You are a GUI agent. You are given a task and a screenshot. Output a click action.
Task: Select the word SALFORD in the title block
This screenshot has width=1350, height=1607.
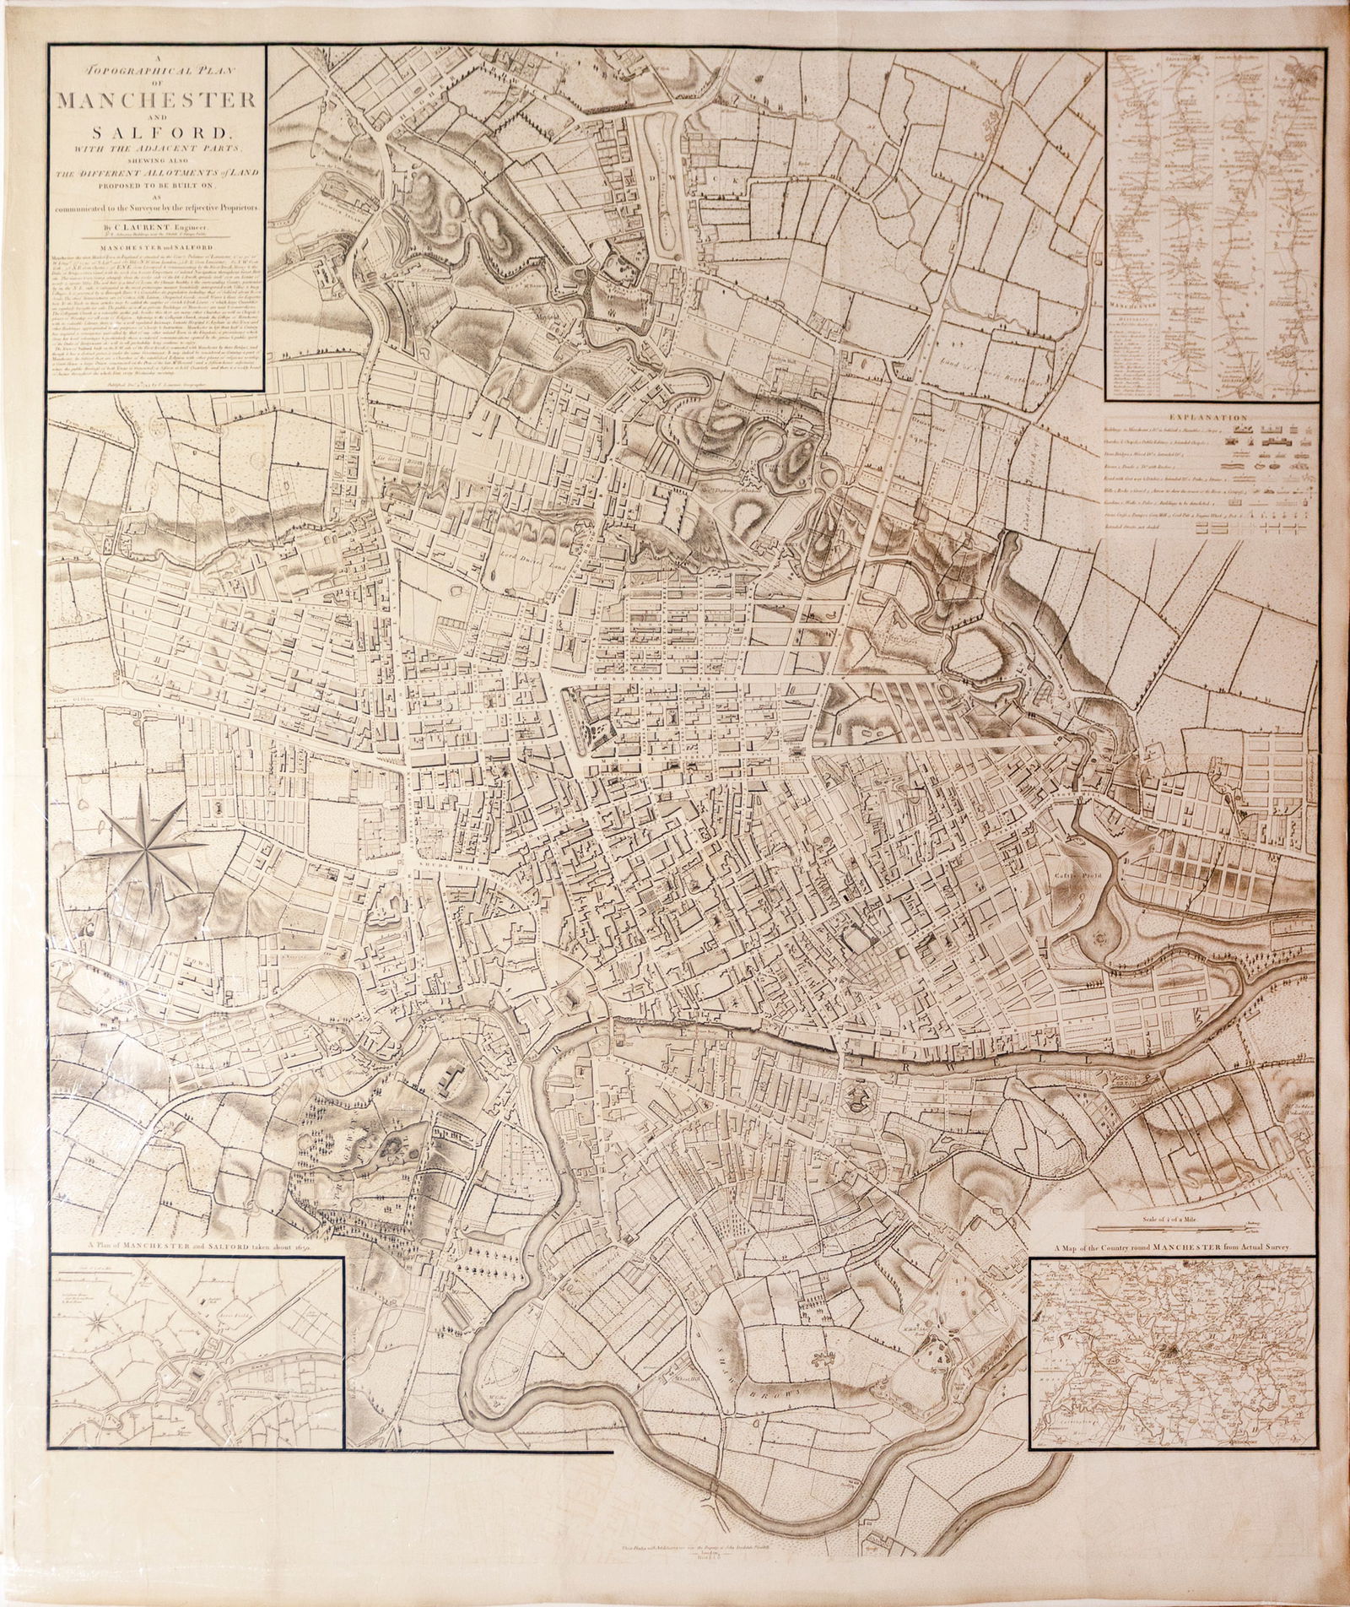click(156, 133)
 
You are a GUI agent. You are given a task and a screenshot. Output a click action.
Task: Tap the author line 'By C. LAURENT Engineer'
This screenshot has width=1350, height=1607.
click(156, 227)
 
